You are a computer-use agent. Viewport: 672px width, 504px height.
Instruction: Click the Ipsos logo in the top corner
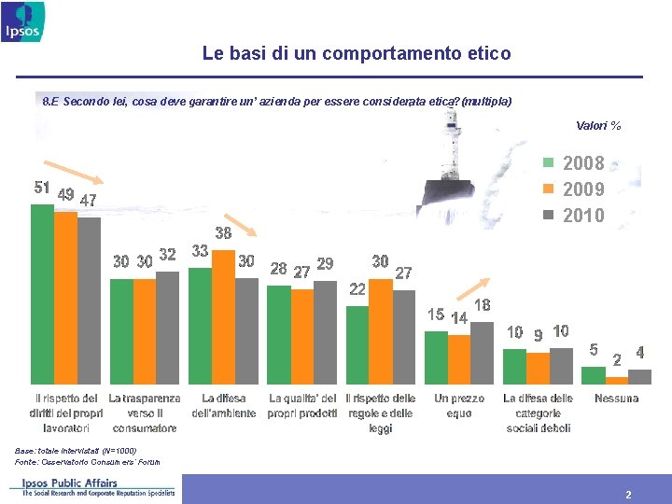click(x=21, y=21)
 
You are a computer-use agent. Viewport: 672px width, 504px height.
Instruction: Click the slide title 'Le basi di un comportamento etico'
click(x=357, y=54)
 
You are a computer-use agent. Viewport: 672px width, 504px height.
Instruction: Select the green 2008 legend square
click(x=549, y=162)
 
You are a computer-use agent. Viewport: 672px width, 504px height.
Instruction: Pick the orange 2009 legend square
click(x=549, y=189)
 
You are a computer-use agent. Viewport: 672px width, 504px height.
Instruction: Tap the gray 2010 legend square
click(x=549, y=216)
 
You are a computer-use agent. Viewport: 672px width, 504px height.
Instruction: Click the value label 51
click(x=42, y=188)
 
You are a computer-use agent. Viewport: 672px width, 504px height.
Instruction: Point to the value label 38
click(x=224, y=232)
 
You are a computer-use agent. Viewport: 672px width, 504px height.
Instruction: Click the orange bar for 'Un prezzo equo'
click(x=458, y=358)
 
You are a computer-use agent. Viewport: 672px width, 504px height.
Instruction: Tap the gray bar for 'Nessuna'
click(x=639, y=376)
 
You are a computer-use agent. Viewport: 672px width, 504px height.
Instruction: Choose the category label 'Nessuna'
click(x=616, y=399)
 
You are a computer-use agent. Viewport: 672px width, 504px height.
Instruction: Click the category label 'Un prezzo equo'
click(x=459, y=405)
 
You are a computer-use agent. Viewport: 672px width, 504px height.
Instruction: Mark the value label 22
click(x=357, y=289)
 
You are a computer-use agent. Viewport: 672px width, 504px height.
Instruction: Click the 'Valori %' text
click(x=598, y=126)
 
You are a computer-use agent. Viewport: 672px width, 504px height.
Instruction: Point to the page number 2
click(x=628, y=495)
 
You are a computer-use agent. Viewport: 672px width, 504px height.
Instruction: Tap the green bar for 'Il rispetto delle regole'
click(x=357, y=344)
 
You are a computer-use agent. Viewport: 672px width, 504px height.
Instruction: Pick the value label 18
click(x=483, y=305)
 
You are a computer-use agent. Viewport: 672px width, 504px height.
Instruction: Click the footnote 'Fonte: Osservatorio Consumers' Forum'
click(x=88, y=461)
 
